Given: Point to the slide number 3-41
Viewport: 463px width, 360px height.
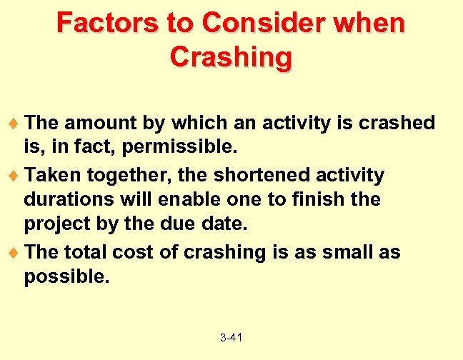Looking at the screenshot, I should click(231, 336).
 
